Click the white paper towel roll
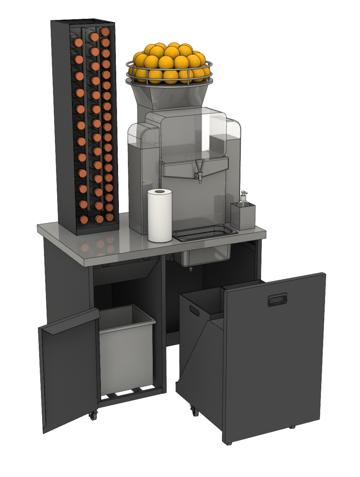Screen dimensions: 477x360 [x=159, y=218]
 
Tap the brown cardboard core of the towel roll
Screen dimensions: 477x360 [x=159, y=192]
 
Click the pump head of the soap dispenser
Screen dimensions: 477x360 [x=243, y=194]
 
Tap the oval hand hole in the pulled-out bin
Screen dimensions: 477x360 [x=195, y=311]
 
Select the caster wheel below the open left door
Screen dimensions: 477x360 [x=92, y=415]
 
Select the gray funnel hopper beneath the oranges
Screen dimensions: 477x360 [x=169, y=96]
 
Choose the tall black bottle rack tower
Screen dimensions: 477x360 [x=85, y=128]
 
